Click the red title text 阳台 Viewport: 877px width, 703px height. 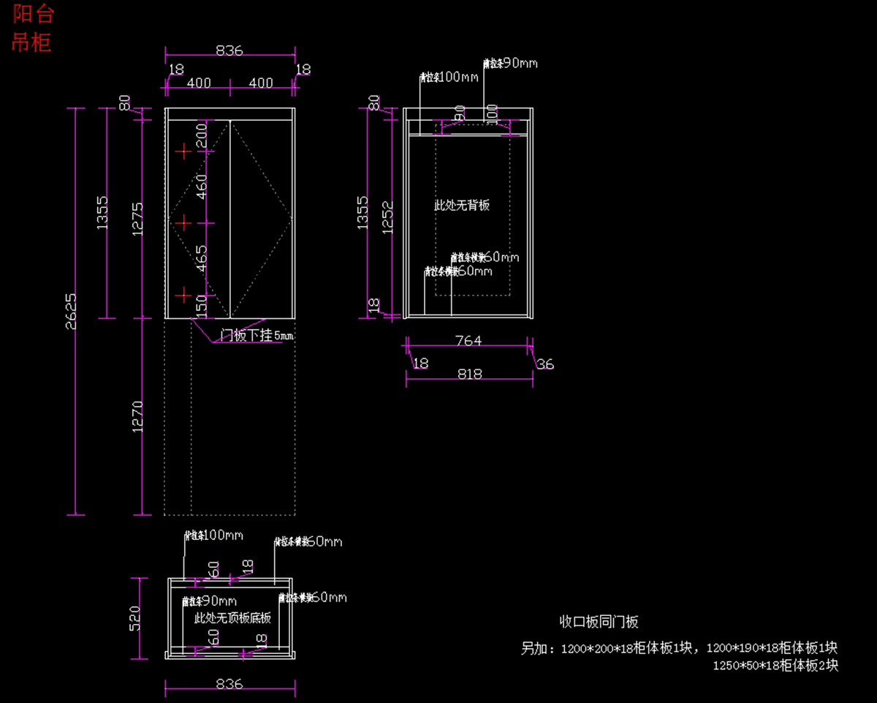coord(32,15)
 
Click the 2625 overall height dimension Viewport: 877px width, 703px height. coord(72,311)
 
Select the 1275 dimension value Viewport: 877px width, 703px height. coord(137,216)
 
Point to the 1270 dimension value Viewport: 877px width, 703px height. coord(137,417)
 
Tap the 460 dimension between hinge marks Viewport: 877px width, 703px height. coord(202,187)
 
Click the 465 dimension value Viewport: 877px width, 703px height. coord(202,257)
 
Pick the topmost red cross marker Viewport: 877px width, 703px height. coord(183,151)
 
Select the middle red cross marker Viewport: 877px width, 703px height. coord(183,222)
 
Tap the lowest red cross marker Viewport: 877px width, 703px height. coord(183,296)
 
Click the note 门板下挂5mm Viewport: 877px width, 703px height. coord(256,336)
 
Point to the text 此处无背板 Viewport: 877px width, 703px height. coord(462,205)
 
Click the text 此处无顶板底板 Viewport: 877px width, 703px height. coord(232,617)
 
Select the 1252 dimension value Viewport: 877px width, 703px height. coord(388,217)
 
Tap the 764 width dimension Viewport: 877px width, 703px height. coord(468,340)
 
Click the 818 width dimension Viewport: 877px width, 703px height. coord(469,374)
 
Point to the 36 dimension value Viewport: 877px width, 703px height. coord(545,364)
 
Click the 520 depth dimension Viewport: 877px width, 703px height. coord(135,617)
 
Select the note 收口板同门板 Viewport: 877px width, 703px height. coord(599,622)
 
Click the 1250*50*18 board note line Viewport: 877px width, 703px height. coord(775,666)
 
